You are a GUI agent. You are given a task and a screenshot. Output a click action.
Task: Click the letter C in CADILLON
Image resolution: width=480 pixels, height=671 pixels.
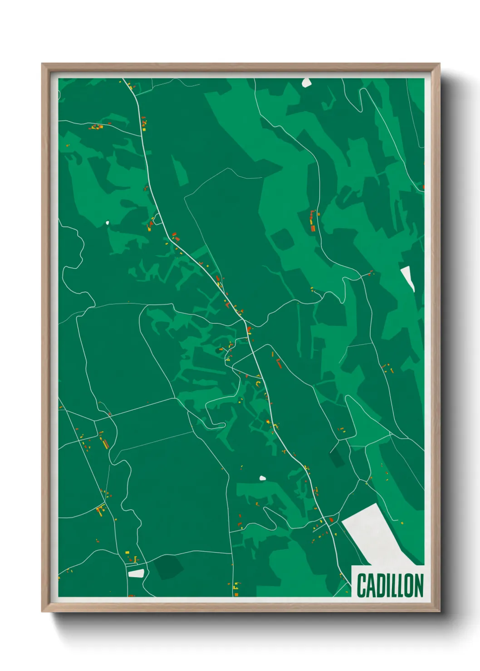(x=362, y=585)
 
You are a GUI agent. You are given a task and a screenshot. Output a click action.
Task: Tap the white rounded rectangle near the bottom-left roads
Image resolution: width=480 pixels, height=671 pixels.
(x=136, y=574)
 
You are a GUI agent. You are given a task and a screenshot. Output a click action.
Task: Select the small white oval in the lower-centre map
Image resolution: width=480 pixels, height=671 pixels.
(x=262, y=478)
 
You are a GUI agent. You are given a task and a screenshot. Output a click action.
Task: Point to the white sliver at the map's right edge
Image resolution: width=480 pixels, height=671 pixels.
(x=408, y=277)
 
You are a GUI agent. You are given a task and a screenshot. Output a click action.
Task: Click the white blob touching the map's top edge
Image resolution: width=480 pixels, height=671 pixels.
(x=307, y=83)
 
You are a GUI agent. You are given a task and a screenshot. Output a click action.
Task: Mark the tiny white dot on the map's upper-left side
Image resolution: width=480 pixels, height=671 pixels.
(x=108, y=223)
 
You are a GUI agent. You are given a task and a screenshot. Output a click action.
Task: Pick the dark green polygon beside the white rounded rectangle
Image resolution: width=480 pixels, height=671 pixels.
(x=168, y=567)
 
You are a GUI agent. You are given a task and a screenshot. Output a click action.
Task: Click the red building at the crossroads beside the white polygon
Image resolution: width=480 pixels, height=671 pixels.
(x=331, y=520)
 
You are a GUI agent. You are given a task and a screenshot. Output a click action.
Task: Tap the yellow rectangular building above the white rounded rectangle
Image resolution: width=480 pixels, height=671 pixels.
(x=127, y=552)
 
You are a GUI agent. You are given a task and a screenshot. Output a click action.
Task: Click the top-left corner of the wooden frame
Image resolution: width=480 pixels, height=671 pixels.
(x=42, y=64)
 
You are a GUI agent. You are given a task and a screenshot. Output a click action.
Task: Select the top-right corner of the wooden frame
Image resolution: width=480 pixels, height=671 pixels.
(x=439, y=64)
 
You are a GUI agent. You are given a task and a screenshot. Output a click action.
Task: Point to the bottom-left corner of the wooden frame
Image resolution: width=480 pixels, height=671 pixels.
(x=42, y=612)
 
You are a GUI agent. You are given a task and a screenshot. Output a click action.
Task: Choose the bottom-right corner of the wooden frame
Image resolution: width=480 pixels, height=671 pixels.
(x=439, y=612)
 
